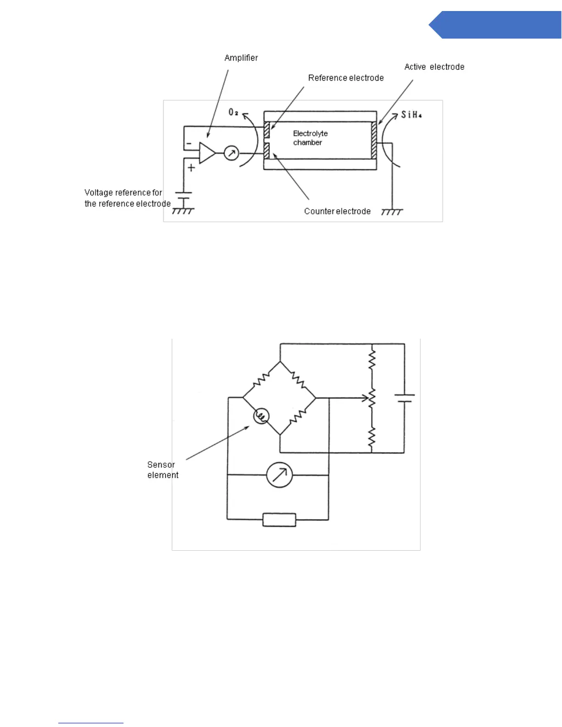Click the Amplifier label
tap(241, 58)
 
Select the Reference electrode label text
tap(346, 78)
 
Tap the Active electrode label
tap(434, 67)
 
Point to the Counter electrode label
tap(337, 211)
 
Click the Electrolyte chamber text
tap(310, 138)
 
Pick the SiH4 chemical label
tap(411, 115)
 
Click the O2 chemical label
tap(234, 112)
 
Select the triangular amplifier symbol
tap(207, 153)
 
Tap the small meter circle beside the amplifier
tap(231, 153)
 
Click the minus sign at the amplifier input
tap(189, 144)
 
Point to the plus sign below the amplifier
tap(191, 168)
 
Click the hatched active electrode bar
tap(374, 140)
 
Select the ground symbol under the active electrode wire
tap(392, 212)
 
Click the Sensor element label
tap(163, 470)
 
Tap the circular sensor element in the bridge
tap(261, 416)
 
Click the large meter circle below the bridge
tap(279, 475)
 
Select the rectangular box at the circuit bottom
tap(279, 520)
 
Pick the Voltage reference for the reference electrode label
tap(127, 198)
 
